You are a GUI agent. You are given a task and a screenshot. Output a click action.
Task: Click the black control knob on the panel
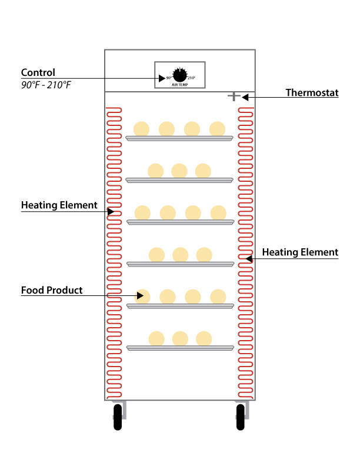pyautogui.click(x=179, y=75)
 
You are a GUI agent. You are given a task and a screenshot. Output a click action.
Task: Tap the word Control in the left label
pyautogui.click(x=38, y=73)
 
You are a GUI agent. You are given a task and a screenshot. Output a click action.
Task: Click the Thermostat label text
pyautogui.click(x=312, y=92)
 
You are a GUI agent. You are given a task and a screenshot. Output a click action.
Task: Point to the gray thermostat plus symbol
pyautogui.click(x=234, y=96)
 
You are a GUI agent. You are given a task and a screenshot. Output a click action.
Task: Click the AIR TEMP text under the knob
pyautogui.click(x=179, y=85)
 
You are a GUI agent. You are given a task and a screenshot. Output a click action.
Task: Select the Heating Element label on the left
pyautogui.click(x=59, y=205)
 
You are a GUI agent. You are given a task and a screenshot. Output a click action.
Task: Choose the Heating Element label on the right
pyautogui.click(x=300, y=252)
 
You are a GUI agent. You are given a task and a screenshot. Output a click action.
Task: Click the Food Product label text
pyautogui.click(x=52, y=290)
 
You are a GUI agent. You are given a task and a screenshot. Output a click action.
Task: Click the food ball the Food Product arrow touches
pyautogui.click(x=142, y=296)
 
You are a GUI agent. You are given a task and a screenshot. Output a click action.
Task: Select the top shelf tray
pyautogui.click(x=179, y=138)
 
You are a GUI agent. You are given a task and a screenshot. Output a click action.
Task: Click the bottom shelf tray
pyautogui.click(x=179, y=348)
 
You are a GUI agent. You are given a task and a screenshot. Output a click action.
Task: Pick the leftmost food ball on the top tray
pyautogui.click(x=141, y=128)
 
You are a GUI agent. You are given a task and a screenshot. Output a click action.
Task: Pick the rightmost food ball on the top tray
pyautogui.click(x=217, y=128)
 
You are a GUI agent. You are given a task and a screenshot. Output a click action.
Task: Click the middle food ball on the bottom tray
pyautogui.click(x=180, y=338)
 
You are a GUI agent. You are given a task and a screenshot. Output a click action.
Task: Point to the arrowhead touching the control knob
pyautogui.click(x=162, y=78)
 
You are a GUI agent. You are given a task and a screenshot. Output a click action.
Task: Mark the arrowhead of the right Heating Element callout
pyautogui.click(x=249, y=258)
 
